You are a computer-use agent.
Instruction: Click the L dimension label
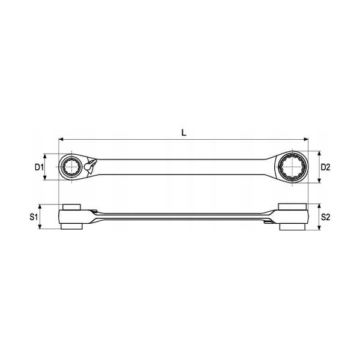[184, 133]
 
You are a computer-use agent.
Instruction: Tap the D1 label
[39, 167]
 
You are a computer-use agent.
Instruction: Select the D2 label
[325, 167]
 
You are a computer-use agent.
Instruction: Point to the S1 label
[34, 217]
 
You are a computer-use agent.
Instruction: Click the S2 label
[325, 217]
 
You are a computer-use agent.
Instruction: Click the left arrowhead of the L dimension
[61, 139]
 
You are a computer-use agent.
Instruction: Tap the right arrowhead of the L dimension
[305, 139]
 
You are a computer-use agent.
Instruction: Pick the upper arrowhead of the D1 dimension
[45, 157]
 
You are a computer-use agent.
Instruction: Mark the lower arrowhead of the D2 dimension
[319, 180]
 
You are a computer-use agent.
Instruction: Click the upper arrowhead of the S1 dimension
[40, 207]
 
